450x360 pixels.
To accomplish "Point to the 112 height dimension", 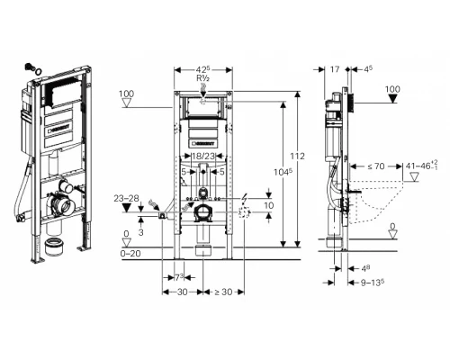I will point(298,156).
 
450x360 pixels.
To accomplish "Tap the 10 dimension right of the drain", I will point(267,205).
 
